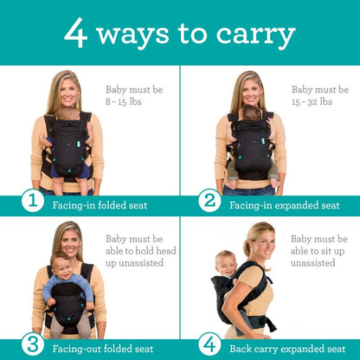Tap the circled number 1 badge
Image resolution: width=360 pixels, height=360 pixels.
click(x=32, y=202)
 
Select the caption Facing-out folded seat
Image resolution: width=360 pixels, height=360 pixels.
click(x=99, y=349)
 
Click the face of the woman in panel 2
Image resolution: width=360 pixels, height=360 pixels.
click(x=250, y=93)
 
